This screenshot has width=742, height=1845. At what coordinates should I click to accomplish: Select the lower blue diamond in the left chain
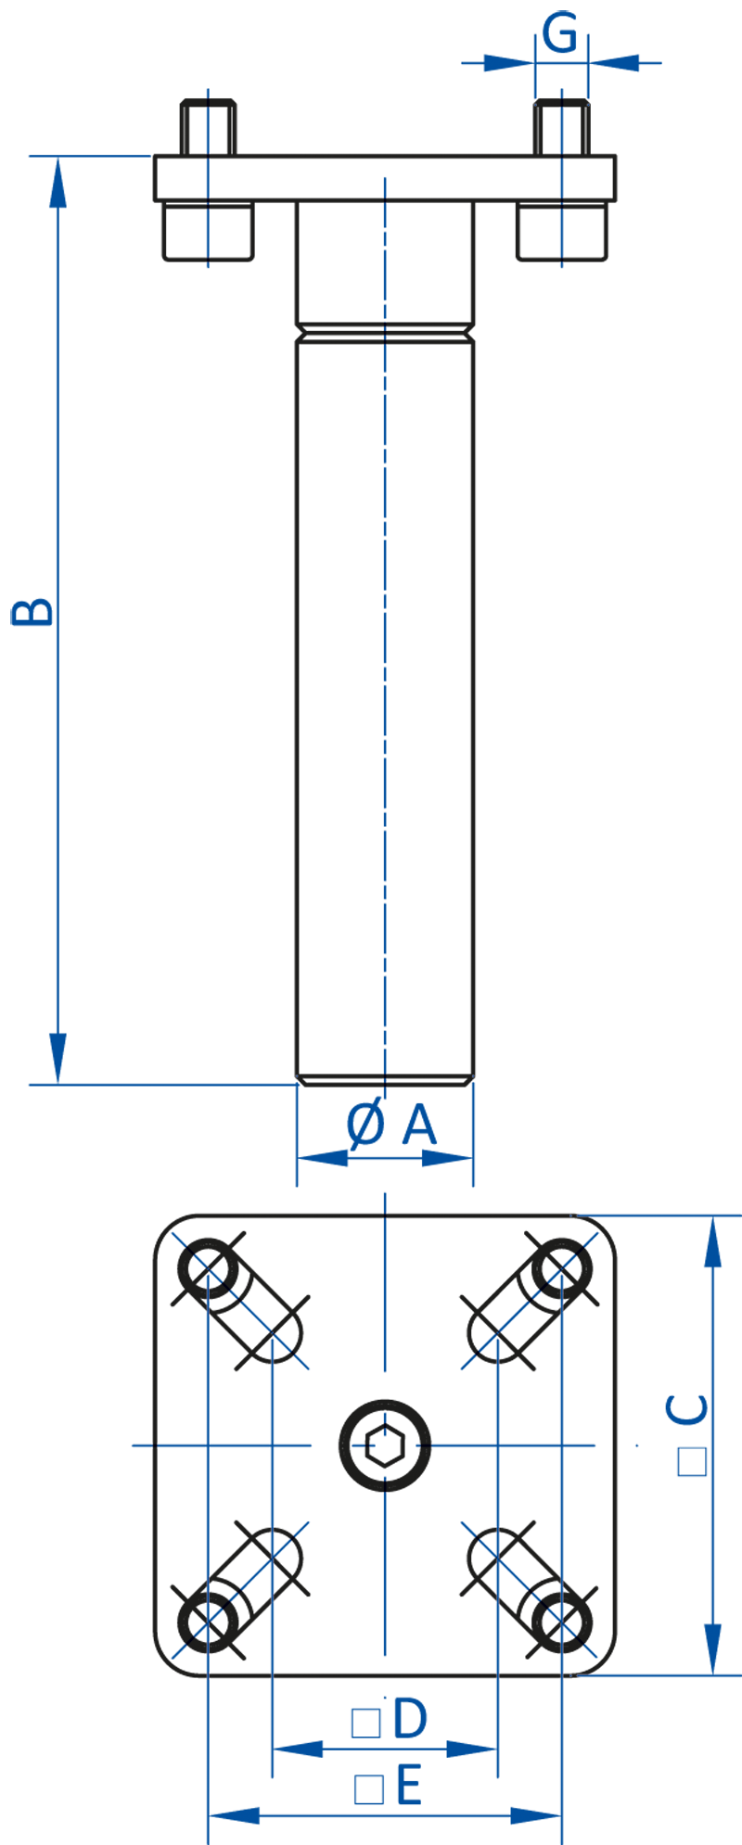coord(208,232)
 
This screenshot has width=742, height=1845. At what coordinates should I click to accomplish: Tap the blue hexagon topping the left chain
coord(208,126)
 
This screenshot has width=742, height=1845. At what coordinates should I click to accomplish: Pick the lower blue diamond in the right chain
coord(561,232)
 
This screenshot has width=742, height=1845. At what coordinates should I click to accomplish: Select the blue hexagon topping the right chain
coord(561,126)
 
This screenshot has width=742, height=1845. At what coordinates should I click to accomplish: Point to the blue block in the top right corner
coord(515,51)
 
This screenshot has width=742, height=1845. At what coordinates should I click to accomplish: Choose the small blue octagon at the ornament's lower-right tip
coord(591,1651)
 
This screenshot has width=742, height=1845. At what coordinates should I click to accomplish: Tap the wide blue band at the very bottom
coord(417,1771)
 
